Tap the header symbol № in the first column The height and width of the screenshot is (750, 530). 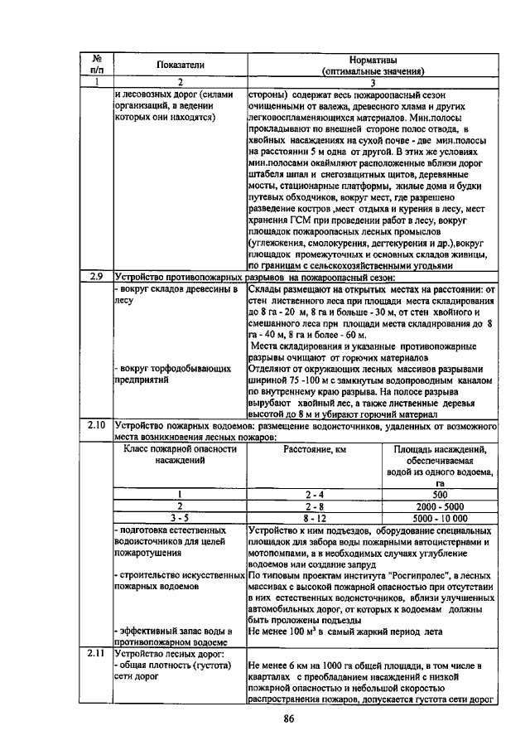(97, 59)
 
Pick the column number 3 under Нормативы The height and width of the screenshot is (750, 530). (373, 82)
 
